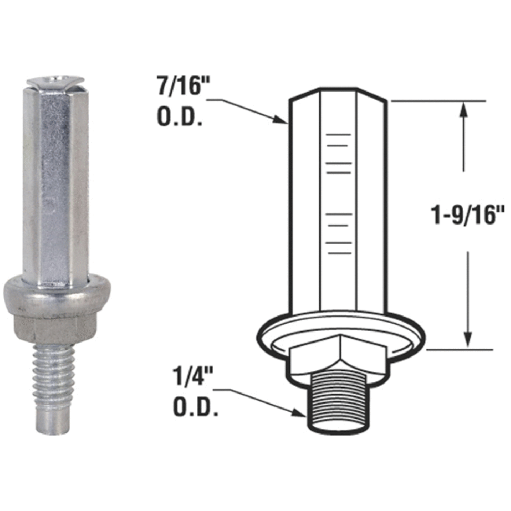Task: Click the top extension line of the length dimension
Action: pyautogui.click(x=440, y=101)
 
